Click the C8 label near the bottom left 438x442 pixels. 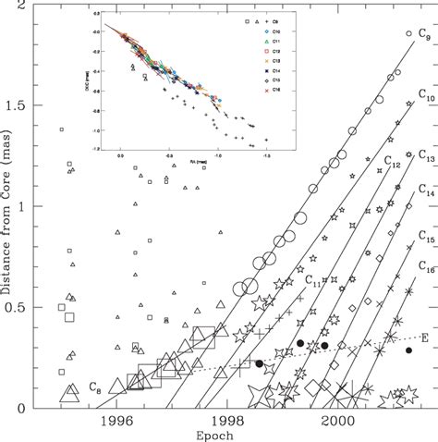tap(95, 386)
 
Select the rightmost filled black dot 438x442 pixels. tap(409, 350)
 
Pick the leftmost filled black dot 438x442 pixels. tap(259, 363)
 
